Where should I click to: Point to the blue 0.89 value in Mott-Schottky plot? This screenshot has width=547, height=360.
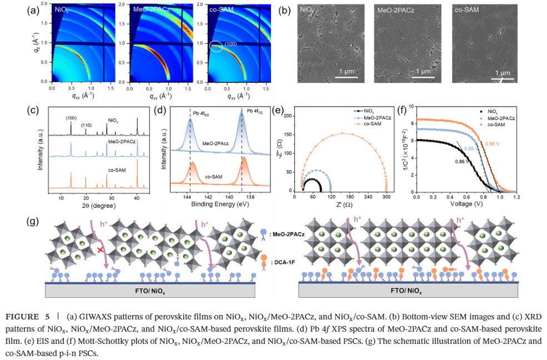pos(469,149)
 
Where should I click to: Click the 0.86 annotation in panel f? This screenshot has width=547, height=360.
pos(459,161)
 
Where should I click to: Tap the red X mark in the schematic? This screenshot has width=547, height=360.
pos(100,251)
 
